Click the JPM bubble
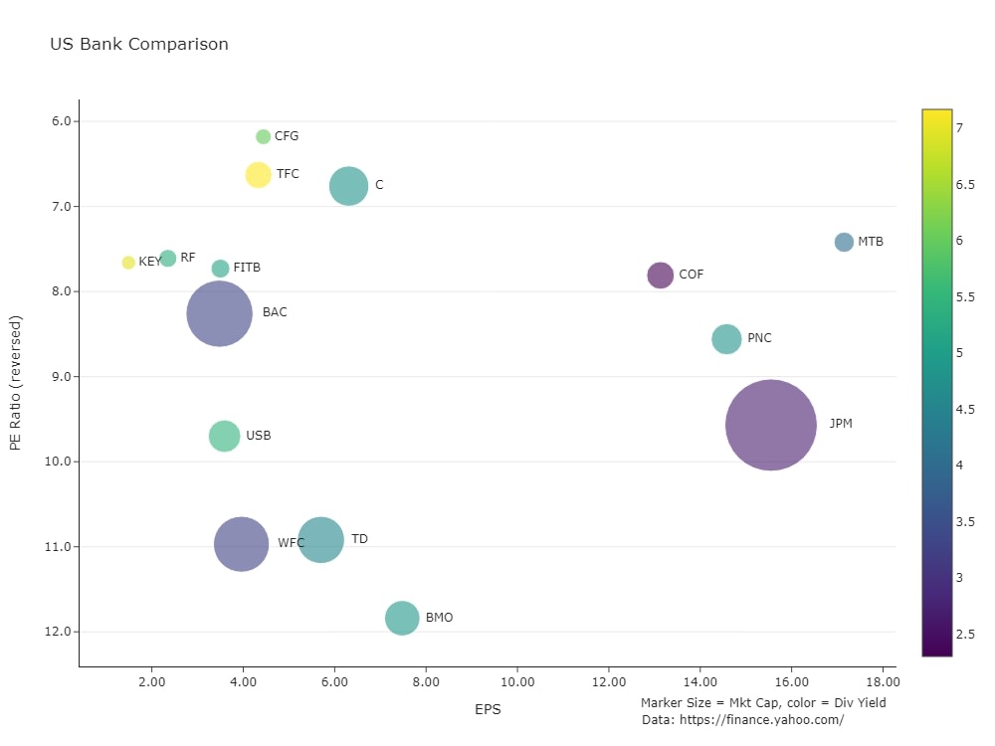(771, 425)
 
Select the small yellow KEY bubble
(128, 263)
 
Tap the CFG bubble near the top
(264, 136)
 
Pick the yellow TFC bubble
(259, 175)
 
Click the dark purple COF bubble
(661, 276)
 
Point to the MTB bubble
(844, 242)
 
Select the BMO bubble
(402, 618)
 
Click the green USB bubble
(225, 436)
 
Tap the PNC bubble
(727, 339)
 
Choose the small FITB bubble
(221, 269)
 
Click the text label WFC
(292, 543)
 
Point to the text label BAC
(275, 312)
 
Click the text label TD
(360, 539)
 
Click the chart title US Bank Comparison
(139, 45)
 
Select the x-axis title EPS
(488, 709)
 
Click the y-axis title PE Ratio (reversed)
(15, 383)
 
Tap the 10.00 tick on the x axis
(517, 681)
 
